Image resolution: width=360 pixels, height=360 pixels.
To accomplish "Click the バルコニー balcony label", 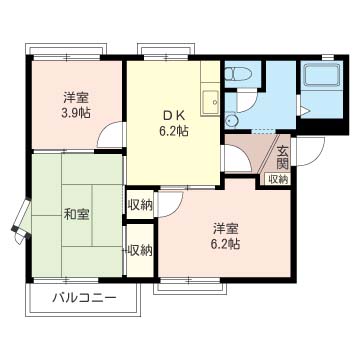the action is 85,297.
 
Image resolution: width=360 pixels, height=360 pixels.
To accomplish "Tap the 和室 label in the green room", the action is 76,214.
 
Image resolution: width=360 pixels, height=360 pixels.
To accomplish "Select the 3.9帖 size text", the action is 76,113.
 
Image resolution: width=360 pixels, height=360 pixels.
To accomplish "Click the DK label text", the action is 173,116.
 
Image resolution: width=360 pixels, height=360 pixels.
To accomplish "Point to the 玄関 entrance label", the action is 282,158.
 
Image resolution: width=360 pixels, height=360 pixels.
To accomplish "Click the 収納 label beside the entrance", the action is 278,179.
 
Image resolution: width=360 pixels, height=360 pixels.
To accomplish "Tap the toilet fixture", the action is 238,73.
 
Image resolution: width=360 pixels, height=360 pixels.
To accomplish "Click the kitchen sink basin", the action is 210,101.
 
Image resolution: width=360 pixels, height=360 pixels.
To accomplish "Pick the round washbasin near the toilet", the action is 230,121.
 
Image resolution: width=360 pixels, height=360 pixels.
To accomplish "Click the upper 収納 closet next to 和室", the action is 140,205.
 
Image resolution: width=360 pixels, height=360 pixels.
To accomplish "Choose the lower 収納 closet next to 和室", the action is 140,250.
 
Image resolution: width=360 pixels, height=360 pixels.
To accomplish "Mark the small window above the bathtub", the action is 328,58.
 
